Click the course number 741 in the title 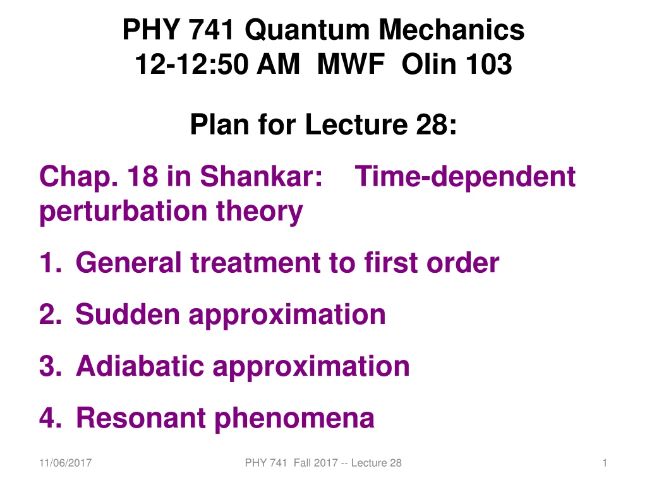211,30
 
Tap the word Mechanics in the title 451,30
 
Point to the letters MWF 351,64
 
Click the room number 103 490,64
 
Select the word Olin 430,64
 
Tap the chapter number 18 142,176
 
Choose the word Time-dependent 465,177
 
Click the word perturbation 123,212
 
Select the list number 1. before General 51,263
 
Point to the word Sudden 128,314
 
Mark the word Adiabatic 140,366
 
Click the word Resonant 141,418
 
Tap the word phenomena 294,419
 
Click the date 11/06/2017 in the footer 65,463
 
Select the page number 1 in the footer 605,463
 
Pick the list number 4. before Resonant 51,418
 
